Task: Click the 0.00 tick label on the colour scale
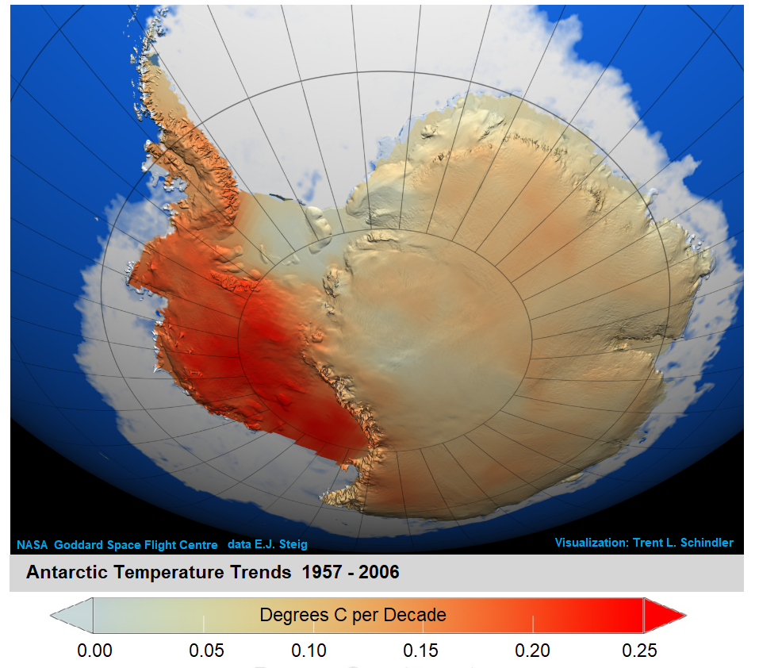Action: (x=94, y=651)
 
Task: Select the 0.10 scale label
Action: (x=309, y=651)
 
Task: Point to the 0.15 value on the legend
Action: (x=420, y=651)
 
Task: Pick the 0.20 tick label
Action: (x=532, y=651)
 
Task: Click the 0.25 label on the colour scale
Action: (x=640, y=651)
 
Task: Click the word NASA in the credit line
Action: (x=32, y=545)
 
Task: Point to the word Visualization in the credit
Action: (x=591, y=543)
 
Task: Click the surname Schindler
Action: (x=705, y=543)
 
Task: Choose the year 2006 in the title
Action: (x=378, y=572)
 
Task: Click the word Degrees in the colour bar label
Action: (x=289, y=615)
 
